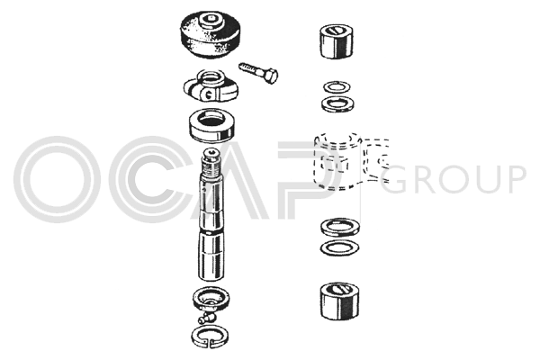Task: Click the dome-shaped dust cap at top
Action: (x=210, y=35)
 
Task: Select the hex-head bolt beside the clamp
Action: (x=259, y=72)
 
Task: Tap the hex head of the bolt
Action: (x=271, y=76)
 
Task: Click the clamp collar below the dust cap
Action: (x=211, y=85)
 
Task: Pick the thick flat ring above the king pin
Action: (x=211, y=126)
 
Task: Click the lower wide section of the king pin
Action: (x=213, y=256)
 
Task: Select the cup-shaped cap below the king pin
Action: (x=211, y=298)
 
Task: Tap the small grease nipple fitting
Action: (x=206, y=317)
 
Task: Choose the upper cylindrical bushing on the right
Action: (x=337, y=41)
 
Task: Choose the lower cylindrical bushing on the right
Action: (x=339, y=301)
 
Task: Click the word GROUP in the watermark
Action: (x=454, y=179)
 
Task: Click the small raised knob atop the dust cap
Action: (x=210, y=20)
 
